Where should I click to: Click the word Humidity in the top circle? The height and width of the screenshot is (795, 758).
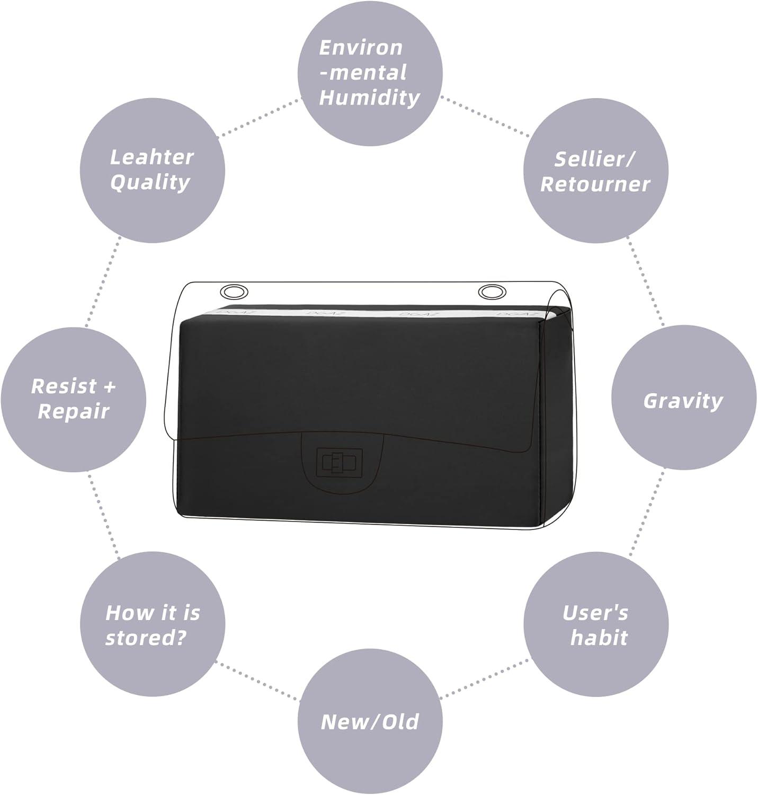369,98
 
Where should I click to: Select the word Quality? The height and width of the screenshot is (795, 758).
150,182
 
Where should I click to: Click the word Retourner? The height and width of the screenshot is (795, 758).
595,184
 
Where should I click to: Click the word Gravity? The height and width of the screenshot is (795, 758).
683,401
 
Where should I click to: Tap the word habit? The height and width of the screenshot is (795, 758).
599,638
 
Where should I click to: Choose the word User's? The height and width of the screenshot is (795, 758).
595,613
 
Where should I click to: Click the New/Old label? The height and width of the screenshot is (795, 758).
370,722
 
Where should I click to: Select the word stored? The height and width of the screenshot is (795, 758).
146,638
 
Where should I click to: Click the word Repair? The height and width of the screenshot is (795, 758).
74,411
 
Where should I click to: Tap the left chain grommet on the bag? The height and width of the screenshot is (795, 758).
234,292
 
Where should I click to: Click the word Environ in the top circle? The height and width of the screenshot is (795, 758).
361,48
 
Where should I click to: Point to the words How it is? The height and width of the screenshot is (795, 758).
153,613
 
